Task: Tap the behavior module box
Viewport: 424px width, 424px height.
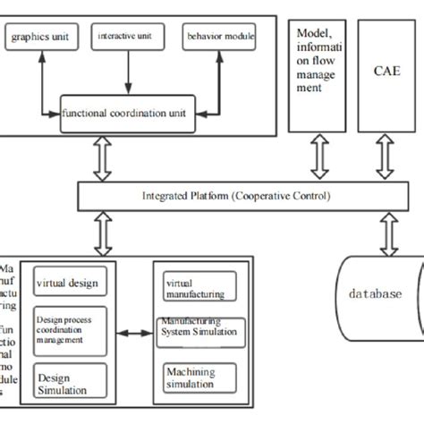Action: pos(220,37)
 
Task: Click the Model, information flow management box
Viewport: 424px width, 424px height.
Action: pos(318,66)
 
